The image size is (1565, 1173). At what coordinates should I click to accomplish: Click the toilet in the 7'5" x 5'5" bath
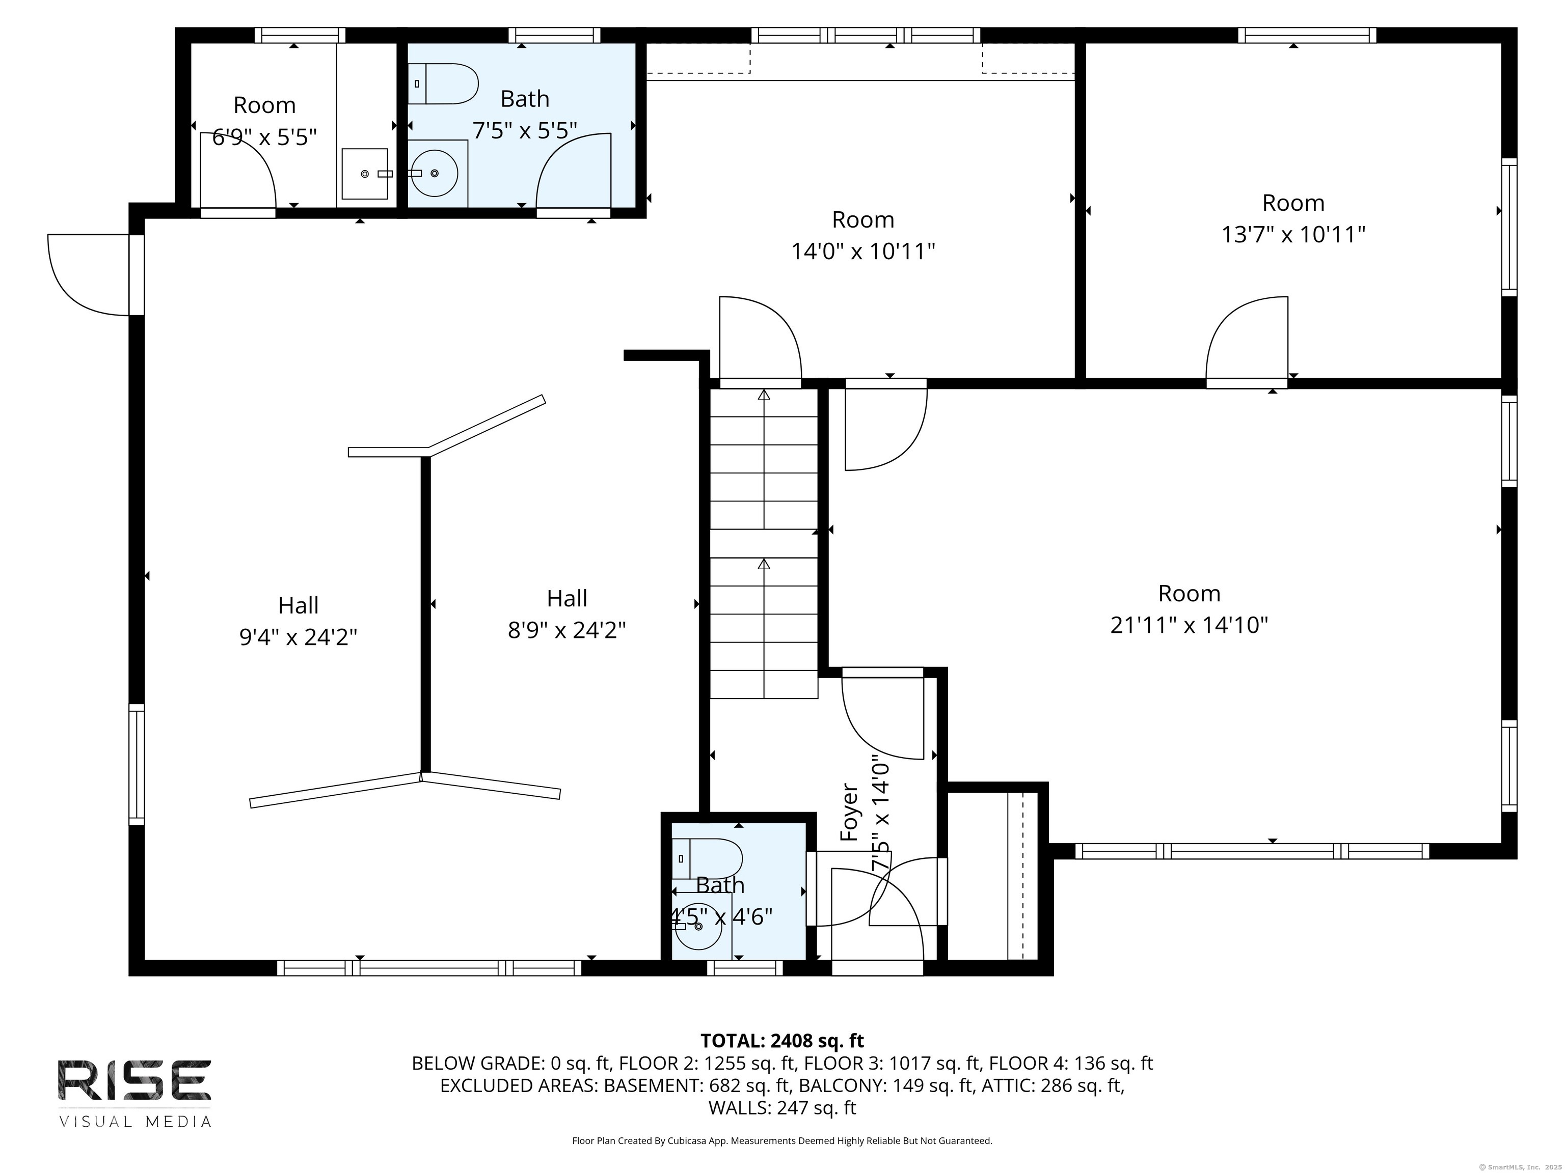(x=444, y=83)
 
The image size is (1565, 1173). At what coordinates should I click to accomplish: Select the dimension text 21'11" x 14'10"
(x=1189, y=625)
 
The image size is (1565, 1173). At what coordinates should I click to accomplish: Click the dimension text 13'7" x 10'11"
(x=1292, y=234)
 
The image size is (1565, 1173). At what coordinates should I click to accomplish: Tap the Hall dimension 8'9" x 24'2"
(x=566, y=629)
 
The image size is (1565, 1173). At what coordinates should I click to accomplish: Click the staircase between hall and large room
(x=764, y=544)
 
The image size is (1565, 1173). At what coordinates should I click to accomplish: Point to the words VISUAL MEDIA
(x=134, y=1122)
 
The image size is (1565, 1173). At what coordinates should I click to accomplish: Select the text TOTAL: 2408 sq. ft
(x=782, y=1041)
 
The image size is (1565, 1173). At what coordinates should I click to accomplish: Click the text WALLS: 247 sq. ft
(x=782, y=1108)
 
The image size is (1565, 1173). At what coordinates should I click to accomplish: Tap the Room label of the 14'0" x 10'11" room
(x=862, y=220)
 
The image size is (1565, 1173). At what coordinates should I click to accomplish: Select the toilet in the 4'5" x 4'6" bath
(x=706, y=859)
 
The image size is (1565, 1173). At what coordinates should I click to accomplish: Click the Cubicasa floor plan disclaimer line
(x=782, y=1140)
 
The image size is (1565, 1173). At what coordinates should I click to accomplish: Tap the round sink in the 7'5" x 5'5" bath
(x=434, y=173)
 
